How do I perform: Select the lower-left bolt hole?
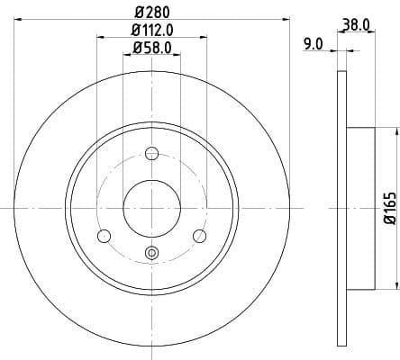point(103,236)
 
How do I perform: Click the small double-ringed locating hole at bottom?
point(151,255)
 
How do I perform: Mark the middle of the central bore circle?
point(151,208)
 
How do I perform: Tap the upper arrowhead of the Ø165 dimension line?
point(393,132)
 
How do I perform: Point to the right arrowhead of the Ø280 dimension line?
point(287,17)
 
